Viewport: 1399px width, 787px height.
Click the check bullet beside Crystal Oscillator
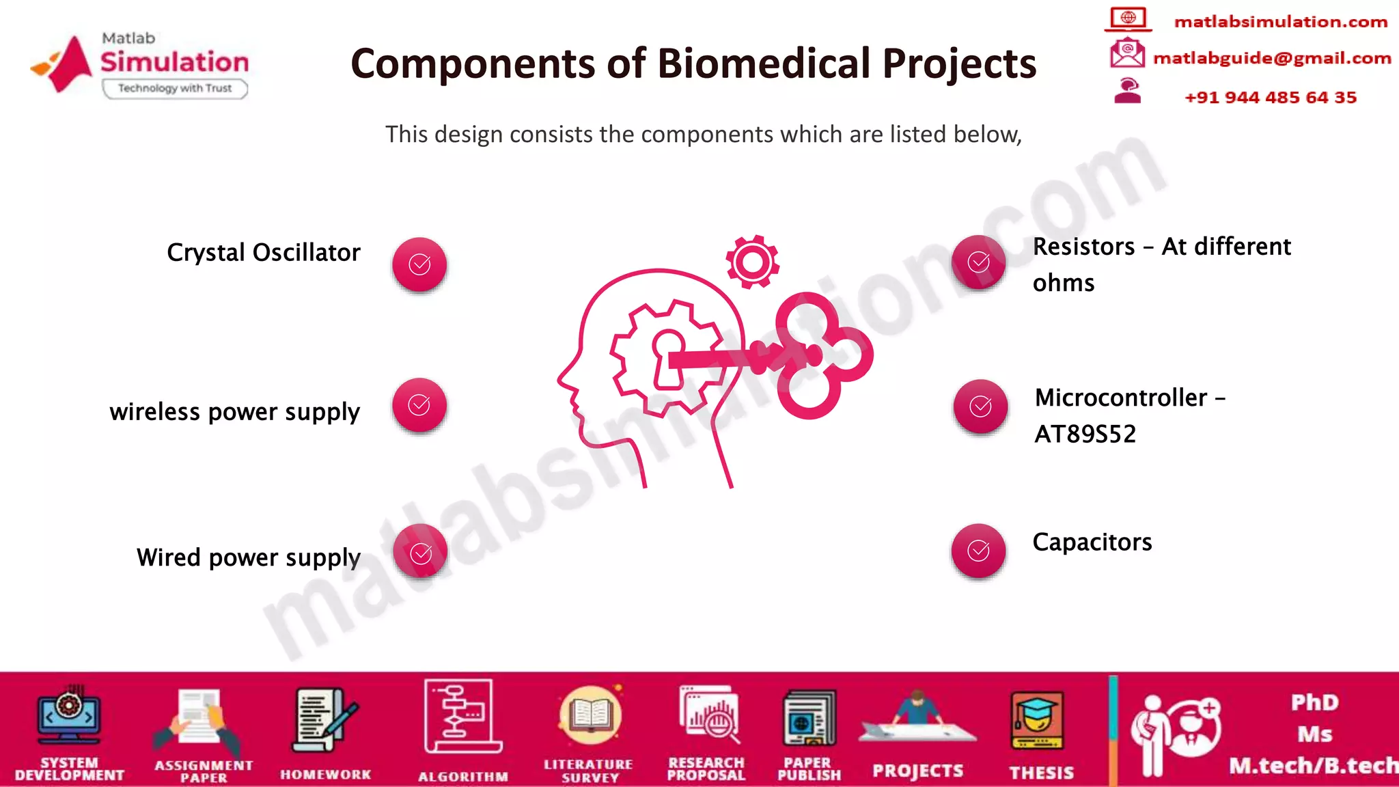419,264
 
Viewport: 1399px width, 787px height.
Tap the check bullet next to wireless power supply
419,405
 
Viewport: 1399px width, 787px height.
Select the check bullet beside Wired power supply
420,552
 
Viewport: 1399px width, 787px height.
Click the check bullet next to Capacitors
978,551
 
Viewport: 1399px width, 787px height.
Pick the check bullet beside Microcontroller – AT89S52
980,406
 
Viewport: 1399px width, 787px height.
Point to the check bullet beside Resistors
978,262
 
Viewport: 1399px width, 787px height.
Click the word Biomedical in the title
764,64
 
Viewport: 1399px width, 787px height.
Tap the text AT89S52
1085,434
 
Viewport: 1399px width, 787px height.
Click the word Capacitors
1092,542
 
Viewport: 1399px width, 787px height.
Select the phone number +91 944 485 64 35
1270,98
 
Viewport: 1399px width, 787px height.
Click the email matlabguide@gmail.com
1271,59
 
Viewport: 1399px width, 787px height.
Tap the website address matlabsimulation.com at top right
1280,23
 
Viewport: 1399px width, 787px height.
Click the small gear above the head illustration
752,262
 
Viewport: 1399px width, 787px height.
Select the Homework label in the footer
325,775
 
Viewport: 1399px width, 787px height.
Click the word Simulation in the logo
175,62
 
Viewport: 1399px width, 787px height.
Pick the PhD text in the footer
1314,703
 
